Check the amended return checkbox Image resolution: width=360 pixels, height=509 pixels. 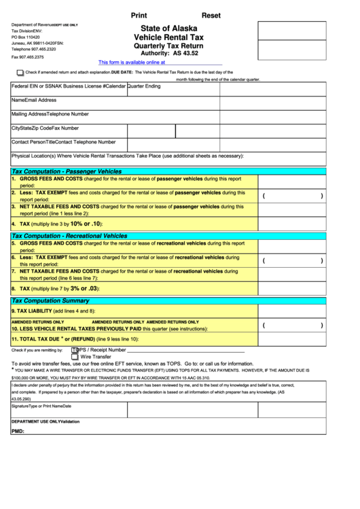[20, 71]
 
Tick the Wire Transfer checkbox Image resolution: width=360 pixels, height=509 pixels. [75, 356]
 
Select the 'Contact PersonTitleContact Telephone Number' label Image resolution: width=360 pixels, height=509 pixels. [64, 142]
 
